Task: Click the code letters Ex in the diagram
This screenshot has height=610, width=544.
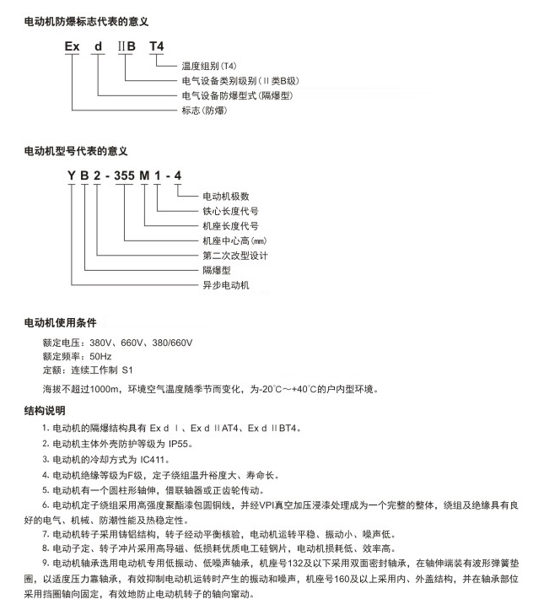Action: tap(73, 46)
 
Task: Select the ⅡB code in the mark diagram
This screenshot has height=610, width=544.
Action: tap(127, 46)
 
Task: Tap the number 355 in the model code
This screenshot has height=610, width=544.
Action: tap(126, 175)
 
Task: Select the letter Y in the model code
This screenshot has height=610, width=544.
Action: tap(72, 175)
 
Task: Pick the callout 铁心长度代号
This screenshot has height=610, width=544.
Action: tap(230, 211)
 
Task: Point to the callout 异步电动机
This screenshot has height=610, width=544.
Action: tap(225, 285)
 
